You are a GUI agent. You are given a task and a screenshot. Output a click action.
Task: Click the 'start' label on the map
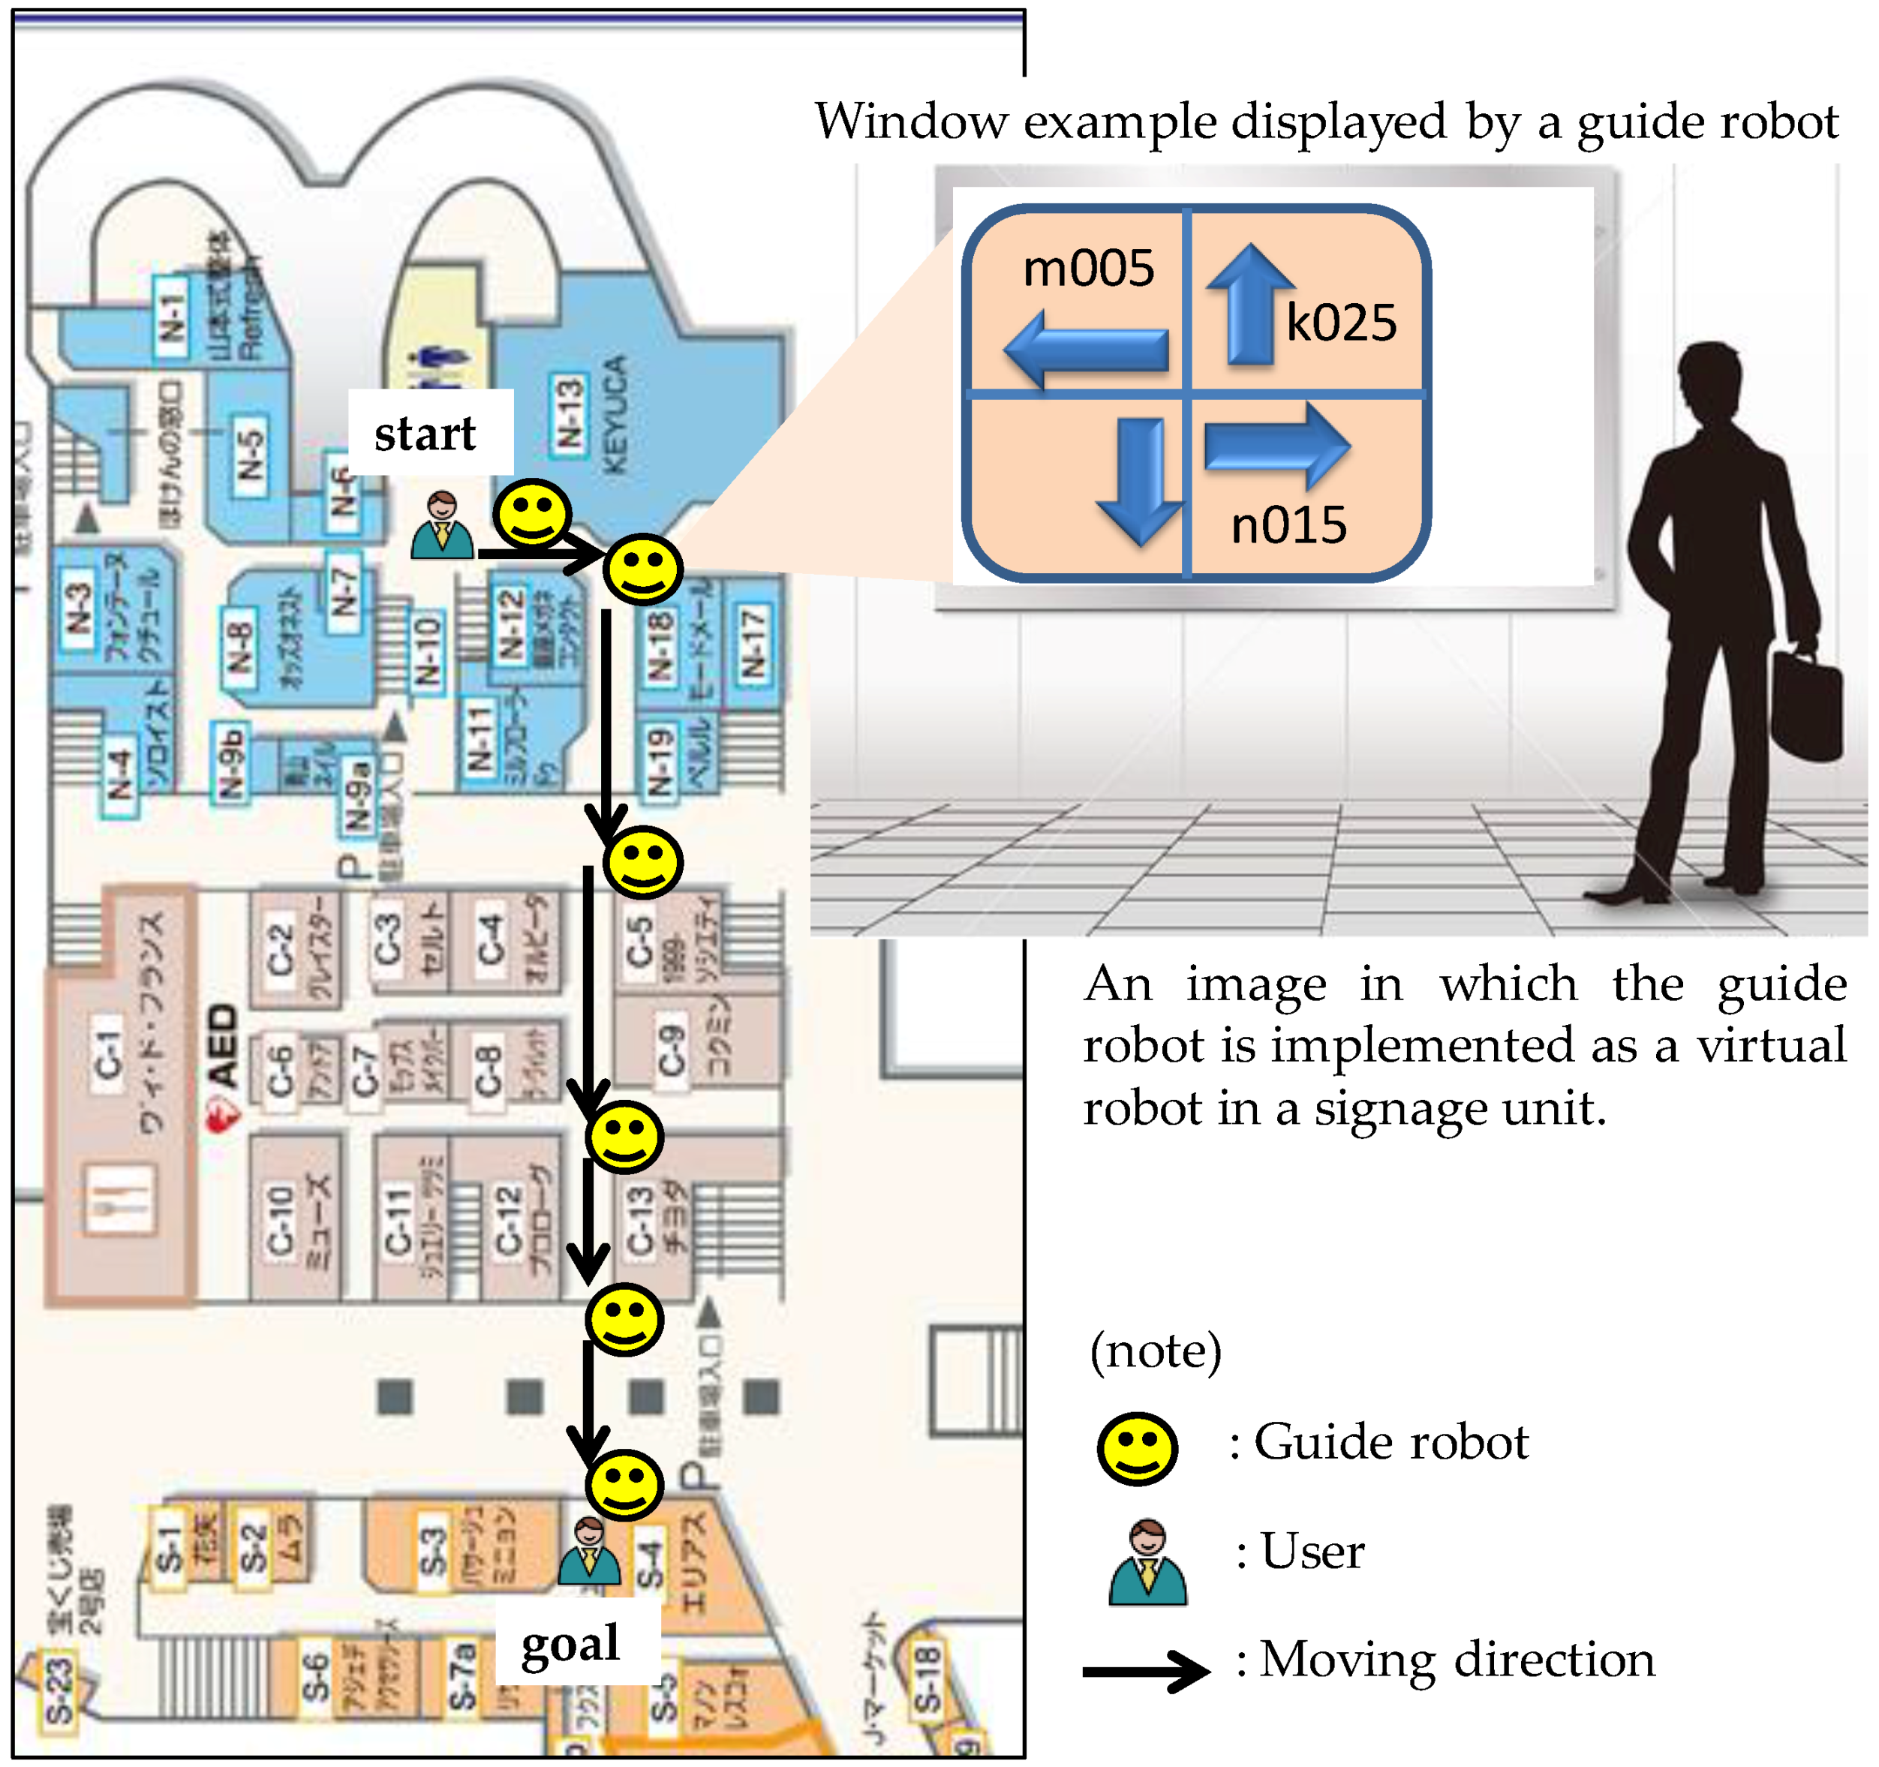click(x=425, y=434)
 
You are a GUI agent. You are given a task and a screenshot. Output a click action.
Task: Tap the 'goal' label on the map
click(x=570, y=1644)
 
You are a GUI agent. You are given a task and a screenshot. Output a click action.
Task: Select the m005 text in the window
click(x=1088, y=269)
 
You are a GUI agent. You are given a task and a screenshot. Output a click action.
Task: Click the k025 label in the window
click(x=1340, y=323)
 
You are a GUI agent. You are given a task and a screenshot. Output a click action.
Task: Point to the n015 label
click(x=1288, y=525)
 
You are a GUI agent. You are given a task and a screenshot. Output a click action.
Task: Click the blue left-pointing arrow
click(x=1085, y=350)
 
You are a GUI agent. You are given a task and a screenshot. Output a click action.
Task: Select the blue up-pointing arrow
click(x=1249, y=305)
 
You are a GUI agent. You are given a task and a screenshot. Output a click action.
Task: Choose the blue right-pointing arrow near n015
click(x=1276, y=446)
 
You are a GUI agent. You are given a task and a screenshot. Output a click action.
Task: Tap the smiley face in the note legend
click(x=1137, y=1450)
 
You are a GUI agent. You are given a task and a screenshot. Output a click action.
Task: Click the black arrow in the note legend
click(x=1146, y=1671)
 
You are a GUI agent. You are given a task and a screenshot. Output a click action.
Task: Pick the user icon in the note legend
click(x=1147, y=1562)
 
